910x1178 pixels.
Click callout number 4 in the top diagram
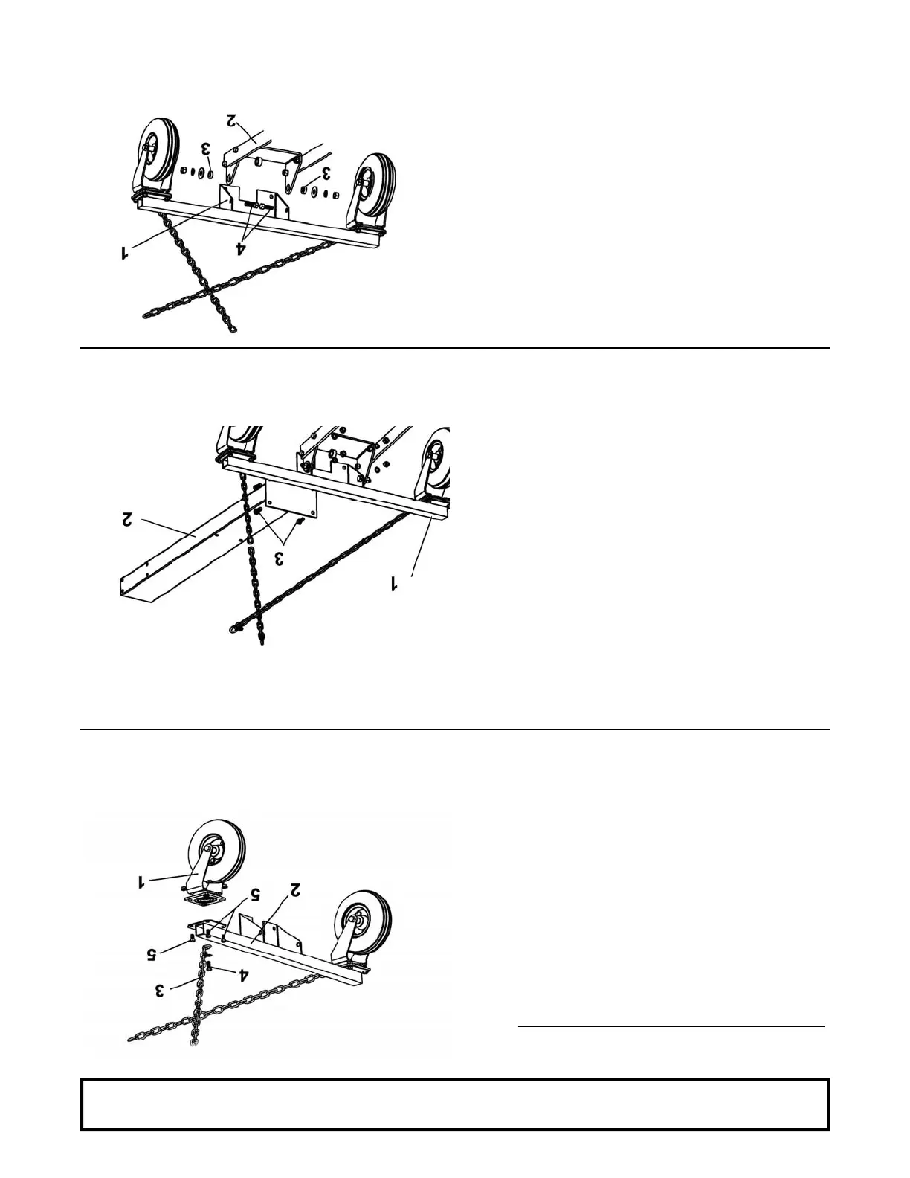(241, 248)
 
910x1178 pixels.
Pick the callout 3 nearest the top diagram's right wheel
(325, 174)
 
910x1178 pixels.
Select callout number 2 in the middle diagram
(127, 518)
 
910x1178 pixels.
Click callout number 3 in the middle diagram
(279, 558)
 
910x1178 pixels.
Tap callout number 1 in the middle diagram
(395, 585)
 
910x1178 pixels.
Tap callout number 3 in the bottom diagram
(159, 990)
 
